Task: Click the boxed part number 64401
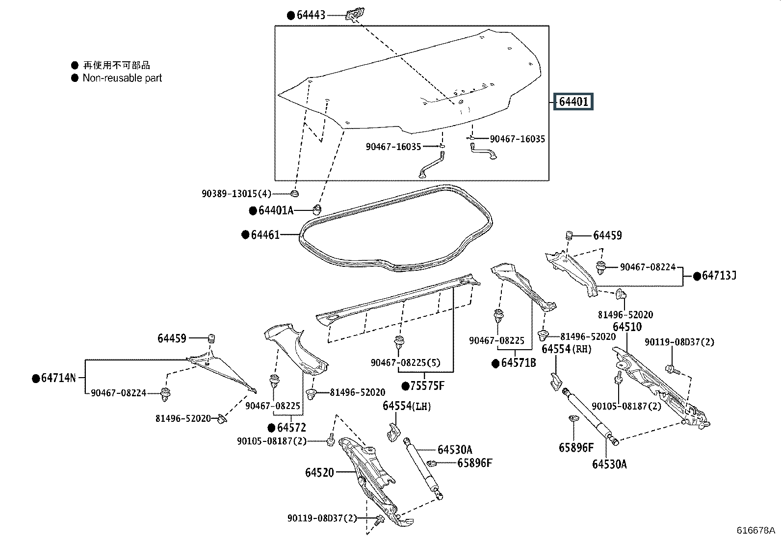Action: [573, 102]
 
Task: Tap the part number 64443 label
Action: [311, 15]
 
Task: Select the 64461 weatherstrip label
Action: [265, 235]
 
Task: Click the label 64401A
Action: [276, 211]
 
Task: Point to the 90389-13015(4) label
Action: [236, 194]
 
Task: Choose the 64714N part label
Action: [58, 378]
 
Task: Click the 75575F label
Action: [427, 386]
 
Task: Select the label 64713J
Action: [719, 276]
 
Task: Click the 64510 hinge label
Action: [627, 327]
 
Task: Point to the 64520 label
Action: [319, 472]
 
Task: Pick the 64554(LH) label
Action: [407, 406]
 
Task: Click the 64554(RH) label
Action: [567, 349]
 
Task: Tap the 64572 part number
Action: [291, 428]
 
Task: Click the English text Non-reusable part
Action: [122, 78]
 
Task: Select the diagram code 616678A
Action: [756, 531]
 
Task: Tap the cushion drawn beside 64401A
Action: [317, 210]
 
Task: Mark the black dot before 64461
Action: [245, 235]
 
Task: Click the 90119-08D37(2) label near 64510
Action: [679, 342]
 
